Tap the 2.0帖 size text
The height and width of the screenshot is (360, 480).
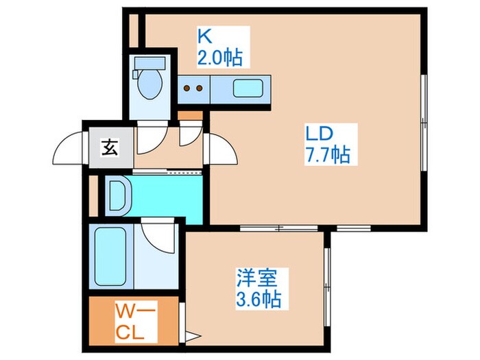(219, 58)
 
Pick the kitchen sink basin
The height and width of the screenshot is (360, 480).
(244, 88)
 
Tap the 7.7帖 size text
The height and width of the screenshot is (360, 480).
(327, 154)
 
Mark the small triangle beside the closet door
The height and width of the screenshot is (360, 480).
(193, 337)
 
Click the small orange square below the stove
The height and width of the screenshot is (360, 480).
(192, 115)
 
